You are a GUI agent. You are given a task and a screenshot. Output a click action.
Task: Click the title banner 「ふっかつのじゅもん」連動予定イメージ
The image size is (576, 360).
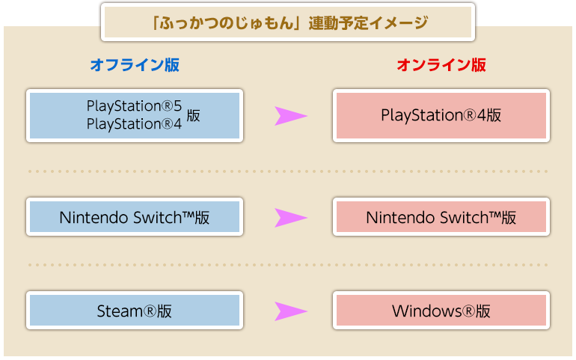288,22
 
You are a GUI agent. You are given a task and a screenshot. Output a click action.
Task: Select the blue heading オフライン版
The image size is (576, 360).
135,65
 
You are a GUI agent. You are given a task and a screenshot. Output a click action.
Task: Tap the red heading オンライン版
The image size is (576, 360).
441,65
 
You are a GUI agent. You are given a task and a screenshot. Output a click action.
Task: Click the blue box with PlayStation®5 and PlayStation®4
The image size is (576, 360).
135,115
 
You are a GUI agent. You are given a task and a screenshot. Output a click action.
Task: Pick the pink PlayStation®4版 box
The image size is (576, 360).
441,115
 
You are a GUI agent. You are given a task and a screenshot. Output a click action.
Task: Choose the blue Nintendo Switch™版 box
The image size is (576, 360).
135,216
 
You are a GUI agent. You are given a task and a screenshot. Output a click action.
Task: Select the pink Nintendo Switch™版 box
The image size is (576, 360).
441,216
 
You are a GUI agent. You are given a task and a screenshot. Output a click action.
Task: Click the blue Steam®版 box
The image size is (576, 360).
135,311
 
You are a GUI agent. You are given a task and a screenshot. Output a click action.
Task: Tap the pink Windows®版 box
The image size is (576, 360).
441,311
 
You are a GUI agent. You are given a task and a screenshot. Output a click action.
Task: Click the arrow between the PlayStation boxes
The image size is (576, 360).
290,116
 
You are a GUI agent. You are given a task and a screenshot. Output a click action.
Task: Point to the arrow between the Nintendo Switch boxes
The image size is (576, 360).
290,218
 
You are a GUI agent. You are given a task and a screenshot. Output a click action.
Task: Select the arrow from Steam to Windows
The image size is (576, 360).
290,311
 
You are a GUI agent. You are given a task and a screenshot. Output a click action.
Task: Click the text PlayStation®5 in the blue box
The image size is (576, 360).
134,106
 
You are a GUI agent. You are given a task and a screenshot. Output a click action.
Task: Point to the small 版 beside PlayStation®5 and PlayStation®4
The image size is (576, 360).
193,115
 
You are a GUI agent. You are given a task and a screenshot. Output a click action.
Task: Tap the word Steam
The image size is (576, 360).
120,311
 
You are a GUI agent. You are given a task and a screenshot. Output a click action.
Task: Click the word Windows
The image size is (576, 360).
426,311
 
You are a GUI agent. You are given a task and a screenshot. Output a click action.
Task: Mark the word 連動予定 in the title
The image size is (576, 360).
338,22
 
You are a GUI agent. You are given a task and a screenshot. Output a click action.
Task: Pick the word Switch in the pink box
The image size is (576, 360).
464,217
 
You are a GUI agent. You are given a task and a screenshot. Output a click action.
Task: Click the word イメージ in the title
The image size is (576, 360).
399,22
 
